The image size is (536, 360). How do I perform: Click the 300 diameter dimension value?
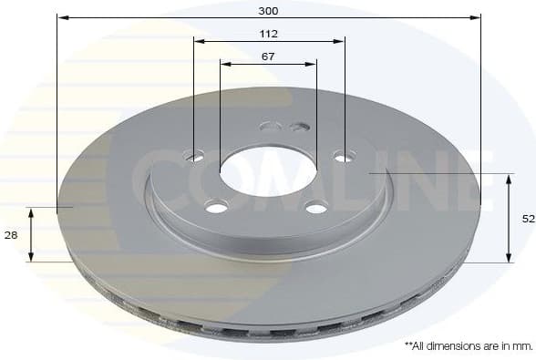(268, 11)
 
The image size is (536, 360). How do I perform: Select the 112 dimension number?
(268, 34)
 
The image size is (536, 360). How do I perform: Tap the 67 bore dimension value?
(268, 57)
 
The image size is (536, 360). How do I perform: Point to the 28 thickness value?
(11, 235)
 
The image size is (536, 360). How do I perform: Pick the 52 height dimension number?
(527, 219)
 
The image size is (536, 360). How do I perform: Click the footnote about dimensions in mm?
(468, 346)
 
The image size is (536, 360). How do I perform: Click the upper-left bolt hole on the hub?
(195, 157)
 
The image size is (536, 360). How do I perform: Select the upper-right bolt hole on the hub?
(343, 157)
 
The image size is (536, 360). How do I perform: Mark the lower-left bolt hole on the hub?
(216, 208)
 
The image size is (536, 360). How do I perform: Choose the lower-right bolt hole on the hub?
(316, 208)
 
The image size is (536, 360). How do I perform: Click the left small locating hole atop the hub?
(270, 126)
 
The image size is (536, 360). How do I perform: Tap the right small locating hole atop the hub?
(300, 126)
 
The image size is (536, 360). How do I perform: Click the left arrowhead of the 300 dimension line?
(61, 17)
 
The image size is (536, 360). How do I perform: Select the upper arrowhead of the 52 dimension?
(509, 178)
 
